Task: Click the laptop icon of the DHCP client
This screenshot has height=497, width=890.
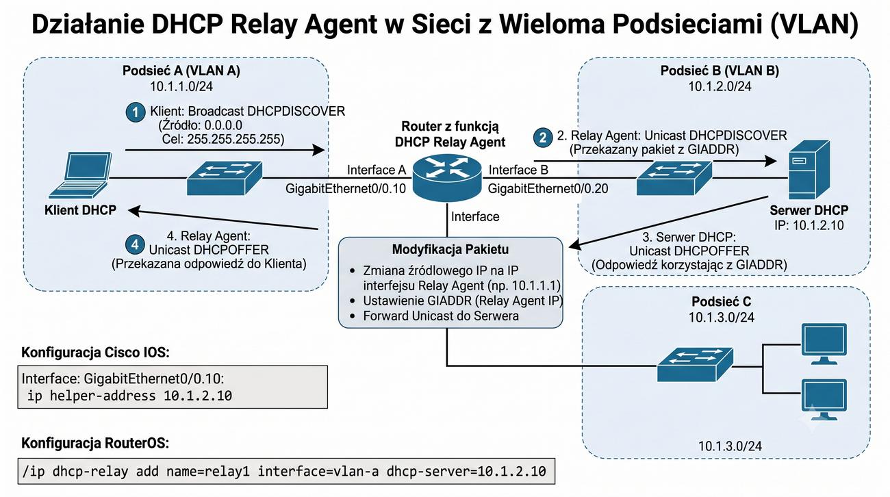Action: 81,175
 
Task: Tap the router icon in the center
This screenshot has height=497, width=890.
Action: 447,177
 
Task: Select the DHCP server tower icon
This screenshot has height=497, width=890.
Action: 809,170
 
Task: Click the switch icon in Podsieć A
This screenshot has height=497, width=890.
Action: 225,178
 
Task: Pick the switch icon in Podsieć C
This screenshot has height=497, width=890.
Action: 695,365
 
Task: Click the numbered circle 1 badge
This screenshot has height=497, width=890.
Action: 136,112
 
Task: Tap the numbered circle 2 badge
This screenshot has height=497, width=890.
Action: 543,138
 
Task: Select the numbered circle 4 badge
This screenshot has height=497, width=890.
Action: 135,244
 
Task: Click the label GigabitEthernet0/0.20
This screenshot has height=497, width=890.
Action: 548,188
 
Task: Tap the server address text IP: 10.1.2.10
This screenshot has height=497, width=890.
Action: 809,225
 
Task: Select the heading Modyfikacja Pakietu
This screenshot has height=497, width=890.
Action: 450,249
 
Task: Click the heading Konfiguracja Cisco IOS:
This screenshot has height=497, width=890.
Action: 95,353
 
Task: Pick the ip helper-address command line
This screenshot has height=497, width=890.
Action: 129,396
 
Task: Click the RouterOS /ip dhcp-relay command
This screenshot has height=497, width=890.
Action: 284,471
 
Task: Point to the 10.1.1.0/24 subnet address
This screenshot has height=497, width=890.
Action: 181,86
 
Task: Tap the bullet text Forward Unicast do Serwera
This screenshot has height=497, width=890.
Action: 441,316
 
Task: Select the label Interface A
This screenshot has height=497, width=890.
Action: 377,170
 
